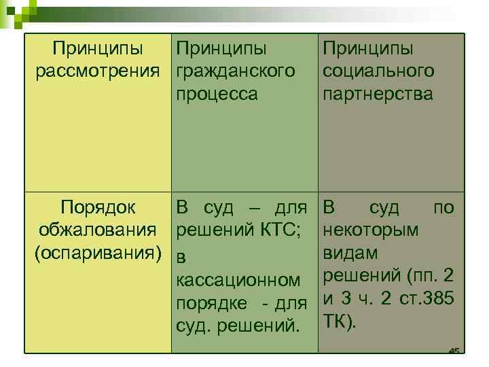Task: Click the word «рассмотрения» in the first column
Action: [x=99, y=71]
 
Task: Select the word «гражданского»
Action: [x=236, y=71]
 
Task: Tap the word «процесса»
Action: [x=217, y=94]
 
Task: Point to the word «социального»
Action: [x=378, y=71]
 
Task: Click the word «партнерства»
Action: [x=378, y=94]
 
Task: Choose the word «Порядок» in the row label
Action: [x=98, y=207]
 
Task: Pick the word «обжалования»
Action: [x=99, y=230]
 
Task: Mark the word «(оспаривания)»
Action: [x=99, y=253]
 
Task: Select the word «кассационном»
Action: [x=238, y=279]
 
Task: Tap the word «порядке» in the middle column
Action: [x=208, y=302]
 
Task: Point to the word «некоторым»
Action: [x=371, y=230]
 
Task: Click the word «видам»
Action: [x=350, y=253]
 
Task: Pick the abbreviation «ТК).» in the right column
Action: [x=339, y=321]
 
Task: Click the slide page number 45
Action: [x=454, y=351]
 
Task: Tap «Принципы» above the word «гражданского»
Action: [x=221, y=49]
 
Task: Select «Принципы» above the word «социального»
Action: [x=368, y=49]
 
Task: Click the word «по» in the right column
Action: [x=443, y=207]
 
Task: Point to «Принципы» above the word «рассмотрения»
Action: [x=98, y=49]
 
